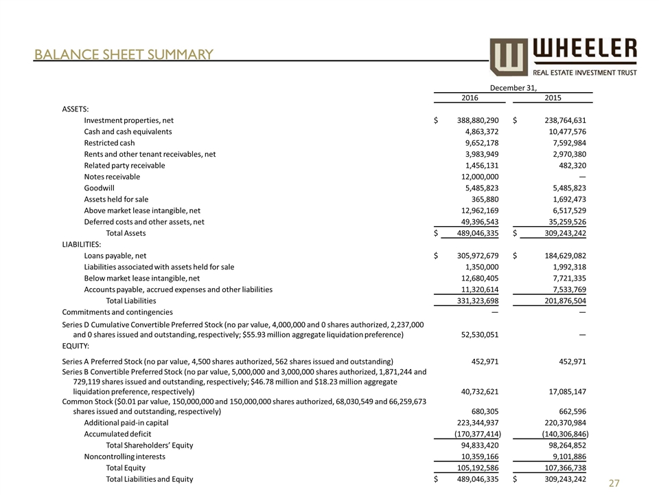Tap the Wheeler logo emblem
pos(509,57)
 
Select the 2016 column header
pos(470,98)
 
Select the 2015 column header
pos(553,98)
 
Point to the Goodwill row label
pos(99,188)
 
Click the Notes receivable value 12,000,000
pos(482,177)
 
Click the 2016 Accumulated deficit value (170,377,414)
pos(478,434)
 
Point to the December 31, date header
pos(512,87)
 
